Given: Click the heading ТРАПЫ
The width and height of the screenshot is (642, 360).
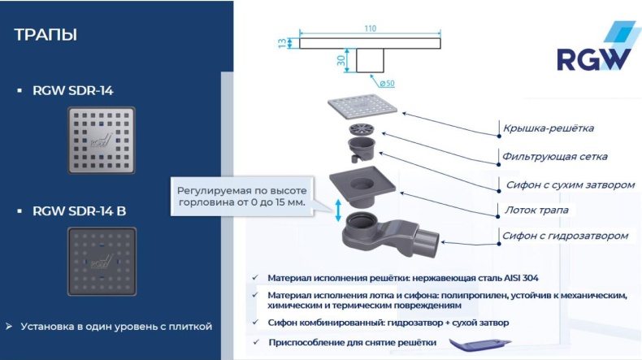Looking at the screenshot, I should pos(46,35).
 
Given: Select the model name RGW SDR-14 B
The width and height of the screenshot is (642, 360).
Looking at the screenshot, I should pos(79,211).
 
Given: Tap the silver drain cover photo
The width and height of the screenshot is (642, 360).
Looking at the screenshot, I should pos(100,141).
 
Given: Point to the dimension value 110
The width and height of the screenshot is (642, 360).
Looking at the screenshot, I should pos(370,28).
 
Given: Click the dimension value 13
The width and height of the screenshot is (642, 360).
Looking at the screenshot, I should pos(282,43).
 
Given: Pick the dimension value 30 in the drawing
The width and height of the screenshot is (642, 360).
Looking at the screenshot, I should pos(342,59).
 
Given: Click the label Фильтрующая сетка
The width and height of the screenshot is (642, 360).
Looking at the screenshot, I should pos(554,156).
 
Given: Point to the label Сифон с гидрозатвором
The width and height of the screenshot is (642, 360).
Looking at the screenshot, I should pos(565,236).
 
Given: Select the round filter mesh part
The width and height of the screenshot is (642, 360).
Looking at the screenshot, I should pos(360,130).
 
